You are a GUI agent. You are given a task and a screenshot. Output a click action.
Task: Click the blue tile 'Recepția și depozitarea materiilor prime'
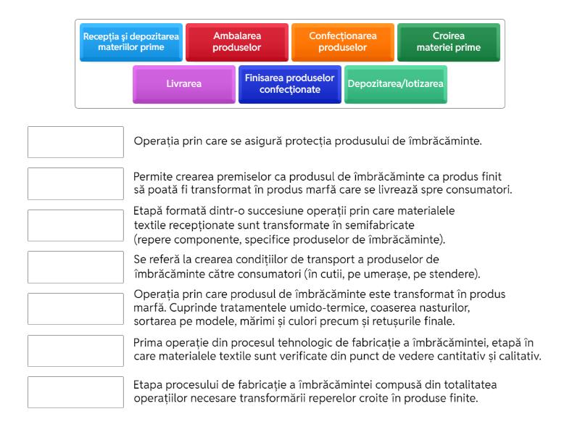coord(131,42)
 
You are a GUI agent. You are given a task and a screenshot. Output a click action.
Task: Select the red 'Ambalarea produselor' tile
coord(237,42)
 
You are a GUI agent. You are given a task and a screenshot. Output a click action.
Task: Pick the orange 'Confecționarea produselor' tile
coord(343,42)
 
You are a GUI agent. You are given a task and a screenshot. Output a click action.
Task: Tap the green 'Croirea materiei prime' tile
coord(448,42)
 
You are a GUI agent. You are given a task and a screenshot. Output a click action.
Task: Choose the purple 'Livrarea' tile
coord(184,84)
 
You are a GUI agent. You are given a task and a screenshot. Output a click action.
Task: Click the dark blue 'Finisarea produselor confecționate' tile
coord(290,84)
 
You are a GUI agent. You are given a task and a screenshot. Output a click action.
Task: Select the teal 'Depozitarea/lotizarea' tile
coord(396,84)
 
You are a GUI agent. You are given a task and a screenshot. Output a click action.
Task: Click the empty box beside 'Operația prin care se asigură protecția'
coord(75,142)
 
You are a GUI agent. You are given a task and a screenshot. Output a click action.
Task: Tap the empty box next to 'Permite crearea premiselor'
coord(75,183)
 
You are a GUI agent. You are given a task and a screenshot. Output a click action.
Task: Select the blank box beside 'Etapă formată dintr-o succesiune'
coord(75,225)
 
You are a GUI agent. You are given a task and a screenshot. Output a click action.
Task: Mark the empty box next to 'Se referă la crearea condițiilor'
coord(75,267)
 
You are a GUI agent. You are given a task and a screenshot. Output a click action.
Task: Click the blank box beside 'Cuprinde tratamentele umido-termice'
coord(75,309)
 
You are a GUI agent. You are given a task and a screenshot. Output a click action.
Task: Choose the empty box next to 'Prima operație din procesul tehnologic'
coord(75,350)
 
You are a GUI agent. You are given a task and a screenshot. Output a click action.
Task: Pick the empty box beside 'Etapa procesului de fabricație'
coord(75,392)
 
